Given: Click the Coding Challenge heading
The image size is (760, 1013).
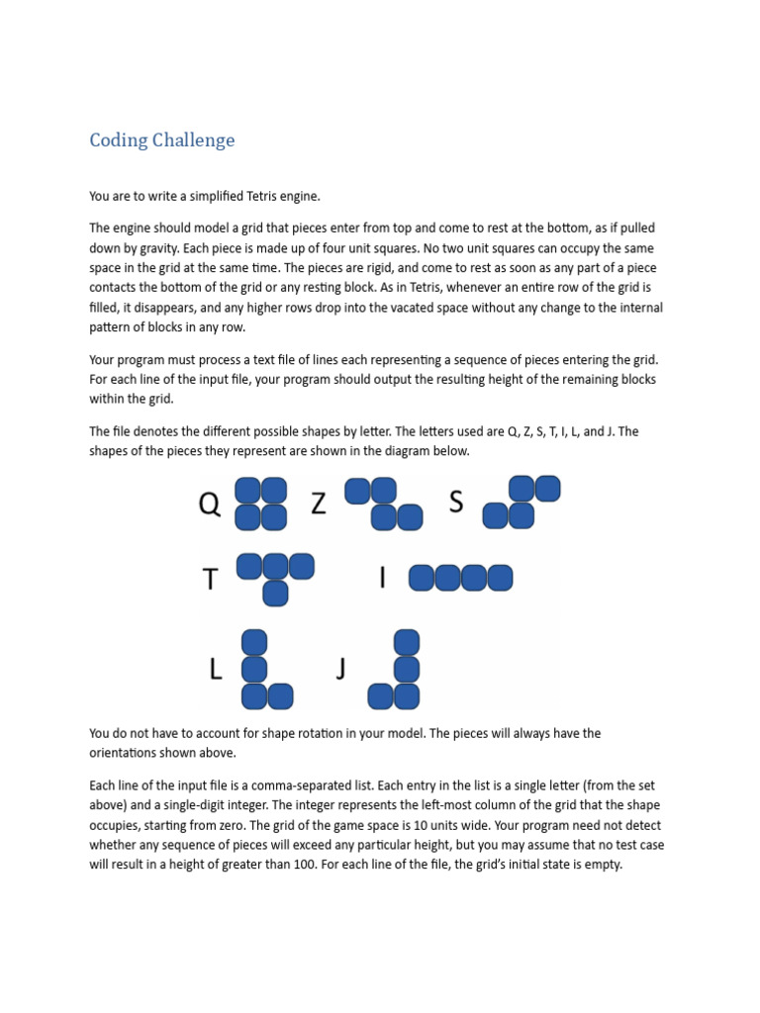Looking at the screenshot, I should coord(162,140).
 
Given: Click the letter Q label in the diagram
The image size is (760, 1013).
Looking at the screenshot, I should coord(210,505).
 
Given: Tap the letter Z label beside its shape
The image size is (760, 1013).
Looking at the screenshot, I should coord(319,504).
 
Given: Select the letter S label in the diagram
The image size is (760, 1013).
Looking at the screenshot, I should coord(456,503).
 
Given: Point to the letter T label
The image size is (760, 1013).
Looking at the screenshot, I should coord(210,580).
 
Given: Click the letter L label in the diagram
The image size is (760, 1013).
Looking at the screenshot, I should coord(216,671).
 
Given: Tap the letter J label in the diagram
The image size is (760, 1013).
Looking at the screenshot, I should coord(340,671).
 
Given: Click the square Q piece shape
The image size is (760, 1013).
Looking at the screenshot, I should coord(260,504).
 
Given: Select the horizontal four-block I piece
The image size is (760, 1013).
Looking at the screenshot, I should coord(460,578).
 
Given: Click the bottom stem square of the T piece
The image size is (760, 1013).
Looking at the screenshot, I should coord(275,593).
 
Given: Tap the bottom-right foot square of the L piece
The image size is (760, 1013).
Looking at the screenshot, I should coord(280,696).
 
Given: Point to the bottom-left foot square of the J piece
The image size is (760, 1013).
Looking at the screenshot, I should coord(380,696).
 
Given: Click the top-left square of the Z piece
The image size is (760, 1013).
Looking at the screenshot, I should coord(357,491).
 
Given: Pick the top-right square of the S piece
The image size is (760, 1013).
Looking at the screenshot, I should coord(547,489).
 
